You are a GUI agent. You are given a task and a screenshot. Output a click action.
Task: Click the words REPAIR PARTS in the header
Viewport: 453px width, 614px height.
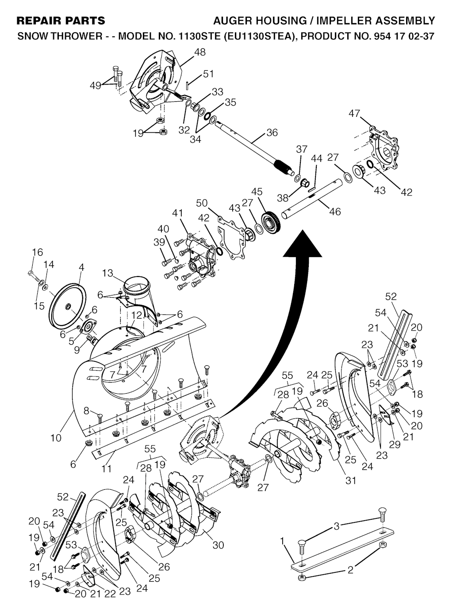click(61, 21)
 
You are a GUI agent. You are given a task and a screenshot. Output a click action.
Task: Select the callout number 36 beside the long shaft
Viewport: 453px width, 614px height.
click(272, 132)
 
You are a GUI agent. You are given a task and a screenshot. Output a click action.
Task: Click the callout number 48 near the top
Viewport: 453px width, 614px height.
click(200, 52)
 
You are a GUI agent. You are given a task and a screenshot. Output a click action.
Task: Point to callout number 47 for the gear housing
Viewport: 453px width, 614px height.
click(354, 114)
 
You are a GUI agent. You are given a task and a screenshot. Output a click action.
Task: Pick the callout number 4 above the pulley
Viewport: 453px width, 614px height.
click(81, 267)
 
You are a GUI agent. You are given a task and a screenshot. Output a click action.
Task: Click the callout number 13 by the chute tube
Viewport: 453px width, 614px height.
click(107, 273)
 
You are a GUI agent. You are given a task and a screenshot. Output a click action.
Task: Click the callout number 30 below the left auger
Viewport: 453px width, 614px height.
click(218, 545)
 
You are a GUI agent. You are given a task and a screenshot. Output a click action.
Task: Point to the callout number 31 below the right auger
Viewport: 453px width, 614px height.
click(350, 480)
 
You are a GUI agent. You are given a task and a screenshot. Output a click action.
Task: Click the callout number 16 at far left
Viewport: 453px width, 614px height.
click(38, 252)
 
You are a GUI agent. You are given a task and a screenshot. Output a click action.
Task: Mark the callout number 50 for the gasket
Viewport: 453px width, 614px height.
click(202, 203)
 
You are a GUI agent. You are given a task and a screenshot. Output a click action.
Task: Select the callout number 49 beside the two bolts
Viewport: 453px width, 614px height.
click(96, 86)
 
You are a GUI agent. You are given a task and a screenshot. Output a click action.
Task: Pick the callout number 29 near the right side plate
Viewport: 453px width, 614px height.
click(394, 445)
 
